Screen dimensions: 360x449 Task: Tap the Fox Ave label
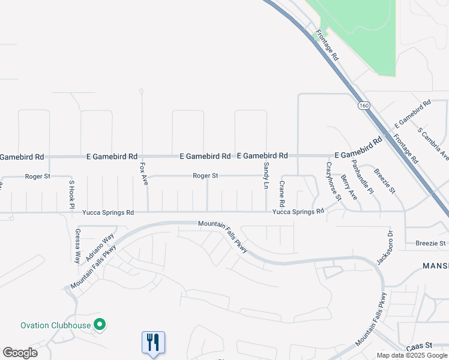143,173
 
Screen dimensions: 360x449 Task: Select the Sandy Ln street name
265,176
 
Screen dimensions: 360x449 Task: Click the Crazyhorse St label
333,181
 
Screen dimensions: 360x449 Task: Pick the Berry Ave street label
349,187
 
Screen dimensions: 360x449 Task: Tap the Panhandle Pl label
363,178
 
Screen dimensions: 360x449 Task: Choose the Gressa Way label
77,246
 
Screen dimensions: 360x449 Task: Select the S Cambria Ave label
433,144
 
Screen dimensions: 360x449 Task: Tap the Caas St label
419,346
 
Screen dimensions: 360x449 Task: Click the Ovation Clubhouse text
55,326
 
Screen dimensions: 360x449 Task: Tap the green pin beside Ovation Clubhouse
100,325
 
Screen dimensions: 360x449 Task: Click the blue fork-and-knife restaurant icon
153,343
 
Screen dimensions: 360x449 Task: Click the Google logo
20,353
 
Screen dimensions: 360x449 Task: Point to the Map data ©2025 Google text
412,355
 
